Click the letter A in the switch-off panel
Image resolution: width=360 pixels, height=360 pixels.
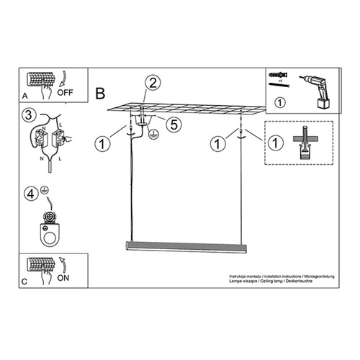pyautogui.click(x=26, y=95)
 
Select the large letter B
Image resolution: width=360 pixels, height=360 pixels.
pyautogui.click(x=100, y=92)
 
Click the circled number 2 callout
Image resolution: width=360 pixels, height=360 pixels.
pyautogui.click(x=153, y=83)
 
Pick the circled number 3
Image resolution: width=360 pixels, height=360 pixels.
pyautogui.click(x=27, y=115)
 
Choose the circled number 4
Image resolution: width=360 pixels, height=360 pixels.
pyautogui.click(x=30, y=193)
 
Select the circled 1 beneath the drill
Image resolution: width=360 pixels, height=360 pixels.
pyautogui.click(x=281, y=102)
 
